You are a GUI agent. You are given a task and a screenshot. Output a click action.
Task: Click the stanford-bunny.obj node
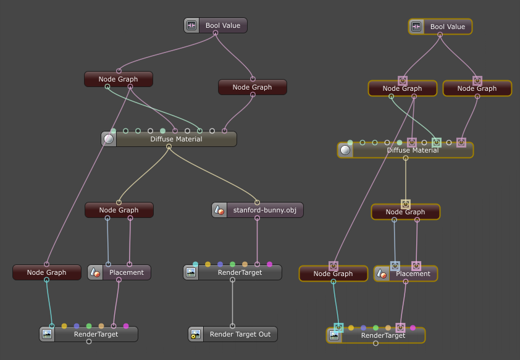click(264, 210)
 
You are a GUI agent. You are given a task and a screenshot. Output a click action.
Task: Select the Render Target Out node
click(240, 334)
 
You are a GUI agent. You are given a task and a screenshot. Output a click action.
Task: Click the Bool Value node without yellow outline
click(222, 25)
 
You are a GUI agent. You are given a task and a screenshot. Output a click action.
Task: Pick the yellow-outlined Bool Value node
click(447, 27)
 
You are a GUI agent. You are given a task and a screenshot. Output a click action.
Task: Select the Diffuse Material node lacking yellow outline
click(176, 139)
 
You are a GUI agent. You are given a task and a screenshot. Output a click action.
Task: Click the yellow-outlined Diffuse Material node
click(413, 150)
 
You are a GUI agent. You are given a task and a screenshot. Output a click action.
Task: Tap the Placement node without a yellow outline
click(126, 272)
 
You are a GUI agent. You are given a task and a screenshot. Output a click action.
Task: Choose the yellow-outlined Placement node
click(413, 274)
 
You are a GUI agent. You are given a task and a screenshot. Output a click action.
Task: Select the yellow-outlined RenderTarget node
click(383, 335)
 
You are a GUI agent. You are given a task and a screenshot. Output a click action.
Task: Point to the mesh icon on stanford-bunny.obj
click(219, 210)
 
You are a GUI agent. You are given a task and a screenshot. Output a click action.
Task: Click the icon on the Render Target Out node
click(196, 334)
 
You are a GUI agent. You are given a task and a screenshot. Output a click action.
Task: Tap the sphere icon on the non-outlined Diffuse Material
click(109, 139)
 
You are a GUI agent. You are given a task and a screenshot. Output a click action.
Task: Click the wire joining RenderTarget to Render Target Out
click(232, 303)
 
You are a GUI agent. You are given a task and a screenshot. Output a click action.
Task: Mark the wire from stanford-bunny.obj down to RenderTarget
click(257, 241)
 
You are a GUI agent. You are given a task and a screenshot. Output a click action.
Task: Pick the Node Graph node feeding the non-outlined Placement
click(119, 210)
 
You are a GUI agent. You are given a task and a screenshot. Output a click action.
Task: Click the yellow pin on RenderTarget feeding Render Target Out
click(208, 264)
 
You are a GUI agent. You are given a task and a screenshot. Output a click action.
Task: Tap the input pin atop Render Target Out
click(232, 326)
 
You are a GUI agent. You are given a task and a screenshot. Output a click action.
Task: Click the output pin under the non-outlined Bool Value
click(216, 33)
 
